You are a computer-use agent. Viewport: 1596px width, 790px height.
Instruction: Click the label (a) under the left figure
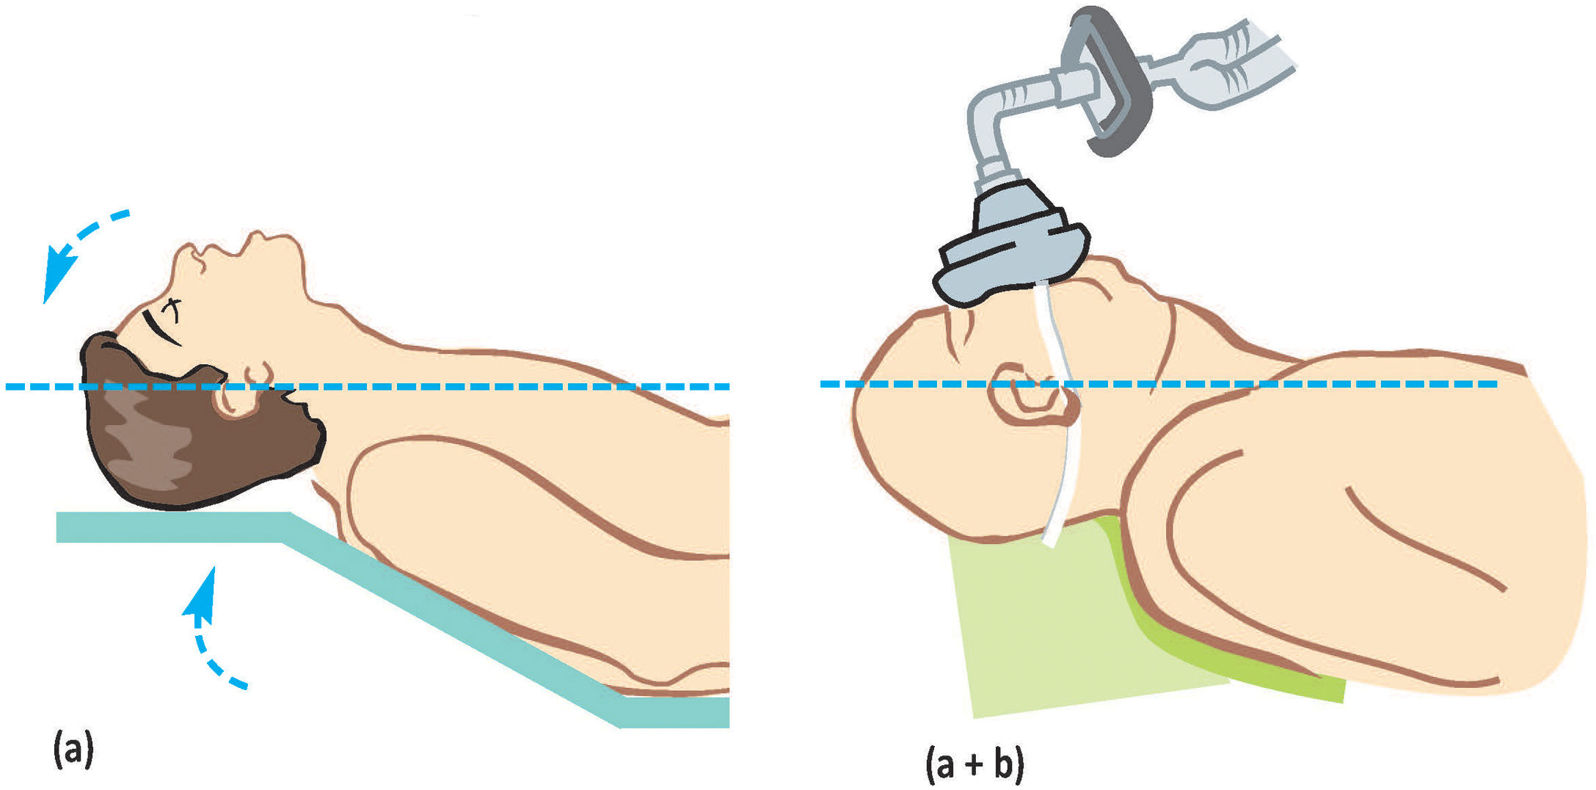coord(73,749)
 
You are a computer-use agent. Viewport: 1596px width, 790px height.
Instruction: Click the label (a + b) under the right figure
coord(974,764)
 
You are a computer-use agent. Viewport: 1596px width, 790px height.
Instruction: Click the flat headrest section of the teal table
coord(169,527)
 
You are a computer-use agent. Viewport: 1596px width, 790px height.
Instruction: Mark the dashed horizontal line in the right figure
coord(1321,384)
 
